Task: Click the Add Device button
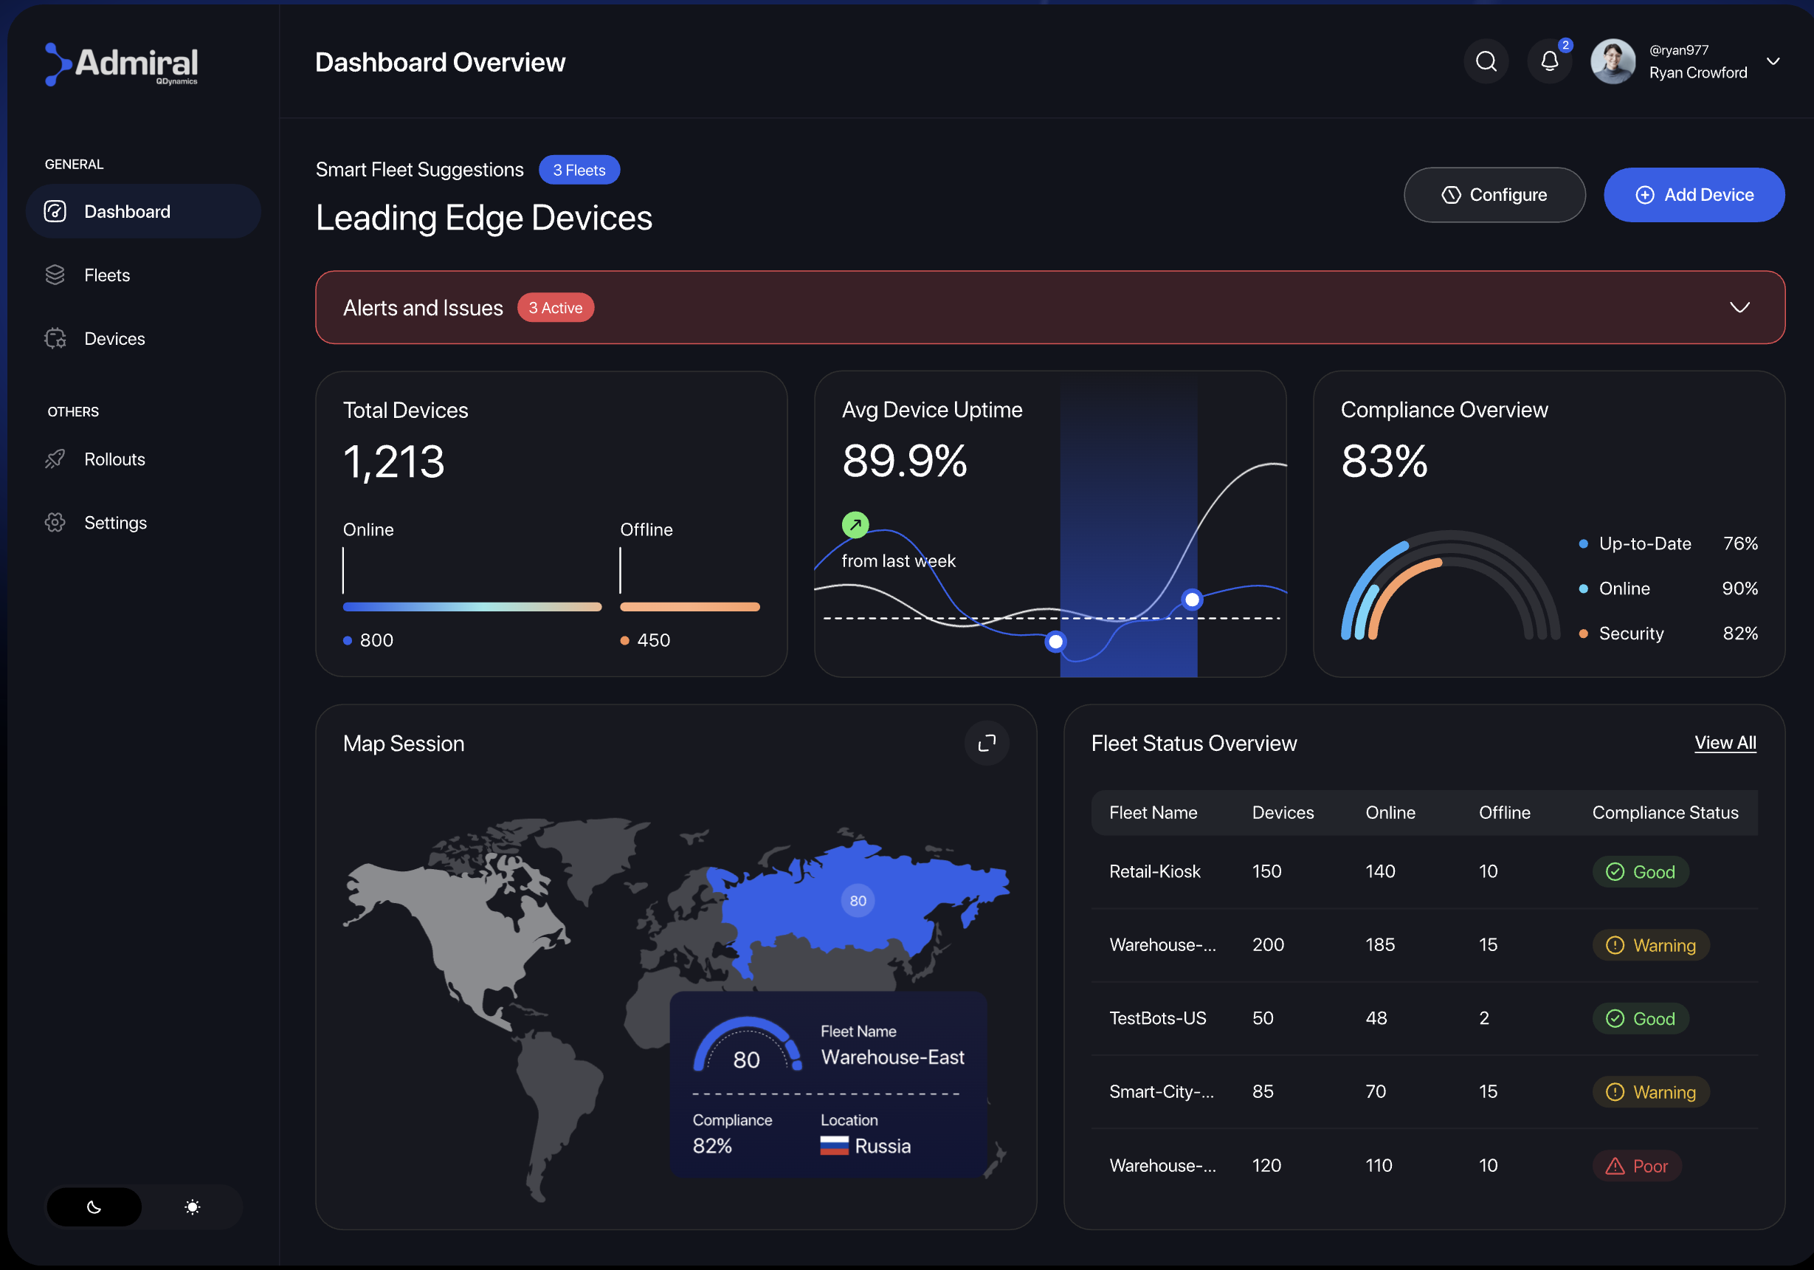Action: (1693, 194)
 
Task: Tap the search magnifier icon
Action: (1486, 61)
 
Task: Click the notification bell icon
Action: (1549, 61)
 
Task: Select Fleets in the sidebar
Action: (107, 275)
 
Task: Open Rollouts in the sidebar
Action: (114, 459)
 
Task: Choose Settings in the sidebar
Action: (115, 522)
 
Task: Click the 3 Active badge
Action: (556, 307)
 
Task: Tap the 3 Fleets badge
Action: (579, 170)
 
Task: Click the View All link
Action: (1725, 743)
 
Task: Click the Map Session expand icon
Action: (987, 743)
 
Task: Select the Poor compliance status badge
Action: (1636, 1166)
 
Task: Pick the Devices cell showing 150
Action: (1266, 871)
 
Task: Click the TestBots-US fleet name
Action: (1157, 1018)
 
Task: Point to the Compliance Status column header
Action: (1665, 812)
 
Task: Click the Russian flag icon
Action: (833, 1146)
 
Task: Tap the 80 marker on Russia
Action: (858, 900)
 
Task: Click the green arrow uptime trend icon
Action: (855, 524)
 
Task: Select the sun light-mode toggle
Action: (192, 1206)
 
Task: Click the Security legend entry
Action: (1631, 633)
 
